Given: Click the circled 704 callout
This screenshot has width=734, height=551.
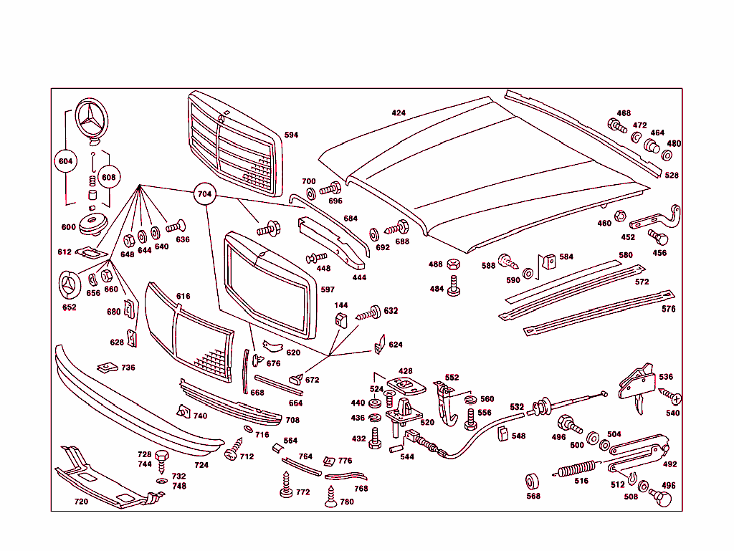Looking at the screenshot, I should pos(205,193).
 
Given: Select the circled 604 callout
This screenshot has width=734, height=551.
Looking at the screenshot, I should pos(66,162).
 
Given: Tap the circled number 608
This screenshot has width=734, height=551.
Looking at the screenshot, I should pos(108,177).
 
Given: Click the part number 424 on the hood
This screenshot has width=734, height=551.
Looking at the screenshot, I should pos(399,113).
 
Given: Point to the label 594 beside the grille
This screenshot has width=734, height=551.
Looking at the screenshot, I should pos(291,135).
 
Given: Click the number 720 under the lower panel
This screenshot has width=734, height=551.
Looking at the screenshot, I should pos(81,502).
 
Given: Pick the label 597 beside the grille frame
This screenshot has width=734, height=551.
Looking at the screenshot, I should pos(328,290).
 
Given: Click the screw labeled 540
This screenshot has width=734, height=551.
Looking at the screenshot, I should pos(672,398).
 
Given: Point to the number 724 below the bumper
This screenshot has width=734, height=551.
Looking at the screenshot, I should pos(201,465).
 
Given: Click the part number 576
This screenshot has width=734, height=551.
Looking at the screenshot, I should pos(668,310).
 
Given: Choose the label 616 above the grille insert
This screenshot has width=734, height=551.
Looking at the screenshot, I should pos(183,296).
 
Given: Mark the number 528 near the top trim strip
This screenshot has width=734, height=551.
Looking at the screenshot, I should pos(671,175).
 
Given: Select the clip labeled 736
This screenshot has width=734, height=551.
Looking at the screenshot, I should pos(108,367).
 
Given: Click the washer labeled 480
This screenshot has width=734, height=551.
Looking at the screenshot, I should pos(667,155).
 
